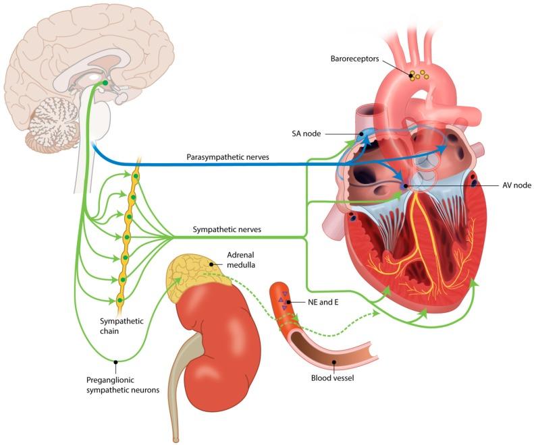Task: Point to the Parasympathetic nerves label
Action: tap(228, 157)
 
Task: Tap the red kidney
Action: tap(216, 330)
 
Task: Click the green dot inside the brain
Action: tap(105, 84)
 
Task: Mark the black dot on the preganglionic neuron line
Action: tap(116, 362)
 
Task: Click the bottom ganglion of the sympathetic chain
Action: tap(120, 300)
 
